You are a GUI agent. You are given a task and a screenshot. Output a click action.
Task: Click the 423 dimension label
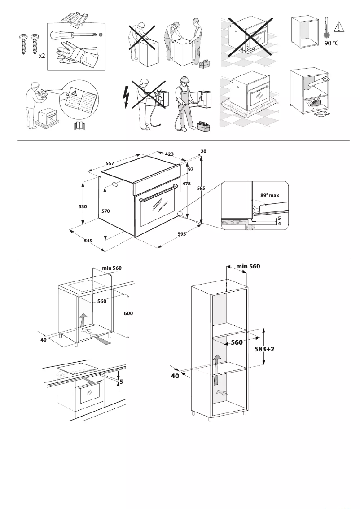(x=169, y=154)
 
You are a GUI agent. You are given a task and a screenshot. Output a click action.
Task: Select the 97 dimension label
(x=190, y=169)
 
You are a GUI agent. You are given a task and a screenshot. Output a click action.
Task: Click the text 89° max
(x=270, y=196)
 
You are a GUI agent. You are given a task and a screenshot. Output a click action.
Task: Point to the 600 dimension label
(x=129, y=313)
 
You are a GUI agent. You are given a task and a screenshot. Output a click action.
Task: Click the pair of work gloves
(x=76, y=54)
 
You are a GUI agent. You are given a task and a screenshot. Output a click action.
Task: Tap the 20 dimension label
(x=203, y=152)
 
